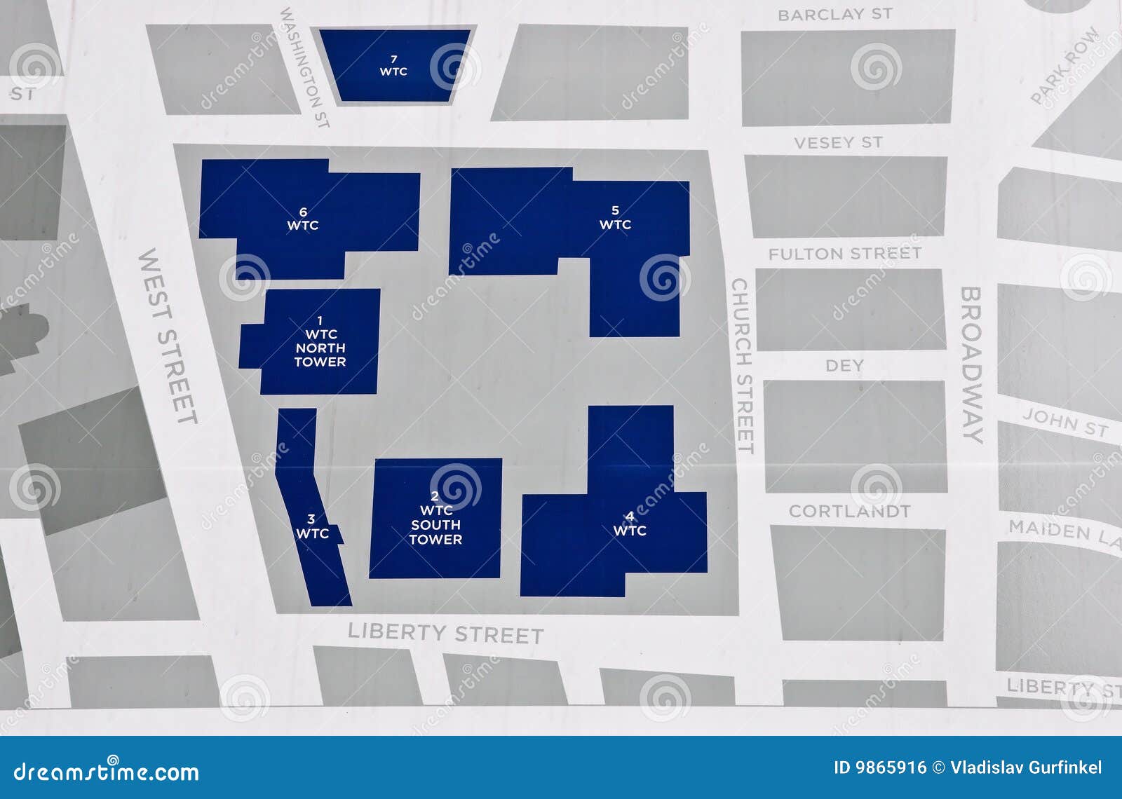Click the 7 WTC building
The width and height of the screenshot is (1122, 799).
click(x=393, y=65)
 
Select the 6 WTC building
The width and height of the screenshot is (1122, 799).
click(x=303, y=218)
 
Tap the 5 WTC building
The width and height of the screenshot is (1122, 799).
click(x=615, y=217)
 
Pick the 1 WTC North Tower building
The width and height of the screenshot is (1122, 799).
click(x=320, y=341)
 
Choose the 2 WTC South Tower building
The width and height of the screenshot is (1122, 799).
click(x=435, y=518)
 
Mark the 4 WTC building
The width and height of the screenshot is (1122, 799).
click(x=629, y=524)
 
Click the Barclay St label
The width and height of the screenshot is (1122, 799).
click(x=834, y=15)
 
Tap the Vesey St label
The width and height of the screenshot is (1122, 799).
click(x=838, y=143)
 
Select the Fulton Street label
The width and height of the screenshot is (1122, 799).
click(x=844, y=254)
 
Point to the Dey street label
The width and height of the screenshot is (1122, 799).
click(x=844, y=365)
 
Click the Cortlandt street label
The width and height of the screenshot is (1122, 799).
click(x=849, y=511)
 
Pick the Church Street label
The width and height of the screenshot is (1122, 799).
click(x=742, y=366)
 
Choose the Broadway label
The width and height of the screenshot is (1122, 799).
click(x=972, y=364)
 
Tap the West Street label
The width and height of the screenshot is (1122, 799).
click(x=168, y=336)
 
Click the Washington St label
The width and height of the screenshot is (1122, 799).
click(x=305, y=67)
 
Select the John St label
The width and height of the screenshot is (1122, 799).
click(x=1064, y=423)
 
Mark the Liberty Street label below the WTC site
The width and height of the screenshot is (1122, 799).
click(x=445, y=633)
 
